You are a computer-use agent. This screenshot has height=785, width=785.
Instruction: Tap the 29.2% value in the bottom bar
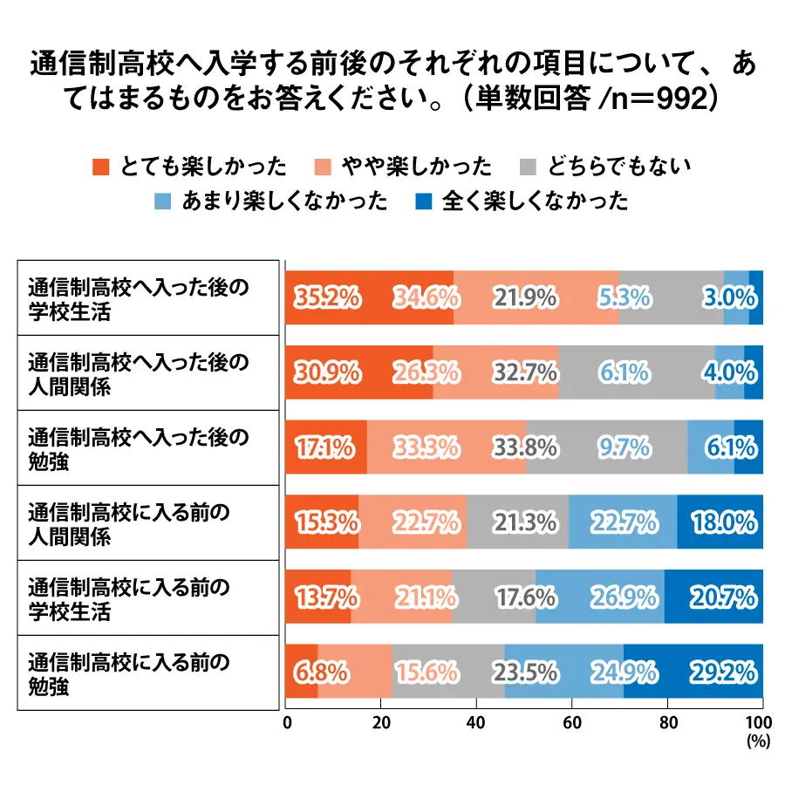723,672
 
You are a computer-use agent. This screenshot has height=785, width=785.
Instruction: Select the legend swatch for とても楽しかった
100,166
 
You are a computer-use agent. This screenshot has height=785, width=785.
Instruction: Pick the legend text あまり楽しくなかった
285,201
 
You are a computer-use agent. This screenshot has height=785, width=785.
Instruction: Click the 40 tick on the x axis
476,722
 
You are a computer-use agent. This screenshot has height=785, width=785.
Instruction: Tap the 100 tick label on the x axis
760,722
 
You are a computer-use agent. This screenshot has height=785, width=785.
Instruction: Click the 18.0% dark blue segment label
723,522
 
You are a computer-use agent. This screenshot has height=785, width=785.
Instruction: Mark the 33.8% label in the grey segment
524,448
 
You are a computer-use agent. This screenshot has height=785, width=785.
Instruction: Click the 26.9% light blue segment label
624,597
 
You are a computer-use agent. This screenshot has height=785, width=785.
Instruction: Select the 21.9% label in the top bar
524,297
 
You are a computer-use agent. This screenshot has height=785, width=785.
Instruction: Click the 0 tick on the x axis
287,722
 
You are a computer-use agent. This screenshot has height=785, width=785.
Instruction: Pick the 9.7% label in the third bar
624,448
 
